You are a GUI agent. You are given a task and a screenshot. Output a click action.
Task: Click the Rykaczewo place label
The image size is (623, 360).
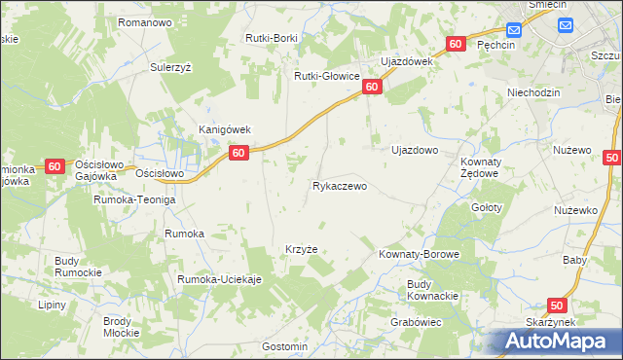pyautogui.click(x=339, y=186)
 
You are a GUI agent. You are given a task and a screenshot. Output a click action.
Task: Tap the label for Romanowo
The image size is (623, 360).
pyautogui.click(x=144, y=21)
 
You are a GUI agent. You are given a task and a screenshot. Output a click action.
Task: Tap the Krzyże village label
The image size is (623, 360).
pyautogui.click(x=302, y=248)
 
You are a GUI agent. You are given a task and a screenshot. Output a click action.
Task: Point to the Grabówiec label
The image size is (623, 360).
pyautogui.click(x=417, y=321)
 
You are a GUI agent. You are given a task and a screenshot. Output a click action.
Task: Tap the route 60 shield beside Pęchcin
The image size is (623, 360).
pyautogui.click(x=457, y=44)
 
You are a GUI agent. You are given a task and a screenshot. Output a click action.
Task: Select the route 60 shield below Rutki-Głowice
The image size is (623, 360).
pyautogui.click(x=372, y=88)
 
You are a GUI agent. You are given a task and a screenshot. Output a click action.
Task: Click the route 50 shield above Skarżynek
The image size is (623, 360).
pyautogui.click(x=557, y=306)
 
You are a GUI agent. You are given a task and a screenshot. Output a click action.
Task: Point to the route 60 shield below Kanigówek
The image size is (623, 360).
pyautogui.click(x=239, y=153)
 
